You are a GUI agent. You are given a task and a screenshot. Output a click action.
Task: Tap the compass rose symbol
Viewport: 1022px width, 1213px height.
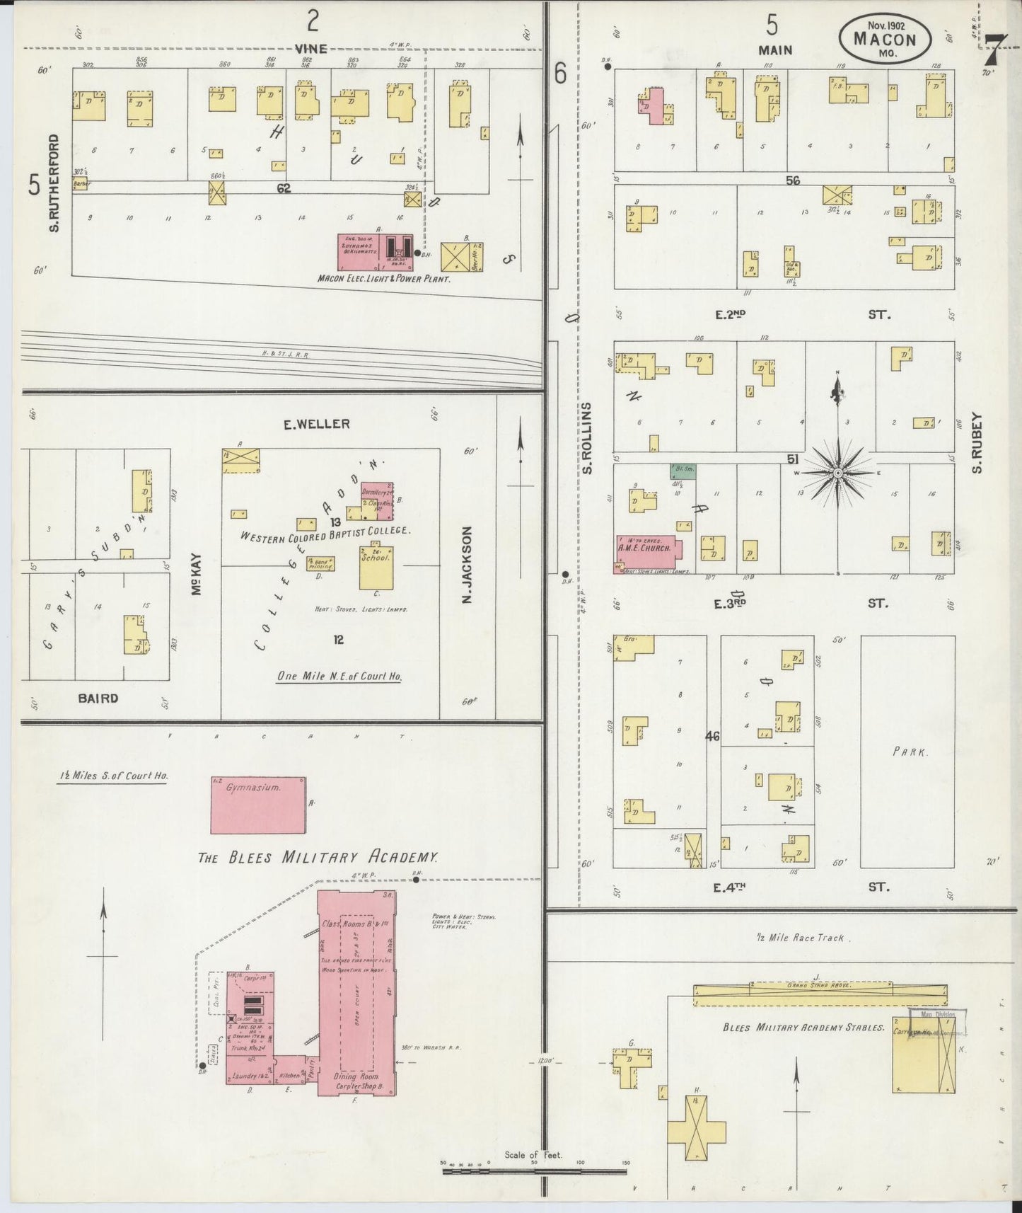(x=837, y=472)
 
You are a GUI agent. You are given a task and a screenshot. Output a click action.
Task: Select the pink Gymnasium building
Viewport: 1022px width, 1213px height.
(x=258, y=805)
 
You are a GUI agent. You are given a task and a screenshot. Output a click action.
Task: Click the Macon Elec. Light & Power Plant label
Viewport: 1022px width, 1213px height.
(x=384, y=279)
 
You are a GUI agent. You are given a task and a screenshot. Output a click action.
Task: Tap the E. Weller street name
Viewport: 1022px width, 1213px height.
(x=316, y=424)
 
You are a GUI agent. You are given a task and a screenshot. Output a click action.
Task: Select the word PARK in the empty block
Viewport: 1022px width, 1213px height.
(x=909, y=752)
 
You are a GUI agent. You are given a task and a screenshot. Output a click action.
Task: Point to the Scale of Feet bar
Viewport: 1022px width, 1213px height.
(x=534, y=1171)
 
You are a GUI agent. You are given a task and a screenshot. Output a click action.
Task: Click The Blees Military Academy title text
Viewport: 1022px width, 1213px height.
(x=318, y=857)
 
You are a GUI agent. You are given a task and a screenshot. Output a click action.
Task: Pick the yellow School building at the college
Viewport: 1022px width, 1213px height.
(x=376, y=568)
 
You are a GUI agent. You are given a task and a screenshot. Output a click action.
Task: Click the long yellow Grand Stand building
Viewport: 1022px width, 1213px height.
(x=820, y=994)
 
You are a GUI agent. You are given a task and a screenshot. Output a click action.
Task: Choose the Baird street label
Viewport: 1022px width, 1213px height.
(x=98, y=699)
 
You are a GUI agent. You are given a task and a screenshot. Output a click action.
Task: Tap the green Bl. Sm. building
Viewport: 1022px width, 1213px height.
(x=683, y=471)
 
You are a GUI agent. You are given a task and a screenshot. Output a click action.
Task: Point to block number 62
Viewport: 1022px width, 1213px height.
(x=284, y=188)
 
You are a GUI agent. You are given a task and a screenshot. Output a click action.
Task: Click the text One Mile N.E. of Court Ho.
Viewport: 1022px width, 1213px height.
(x=339, y=676)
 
